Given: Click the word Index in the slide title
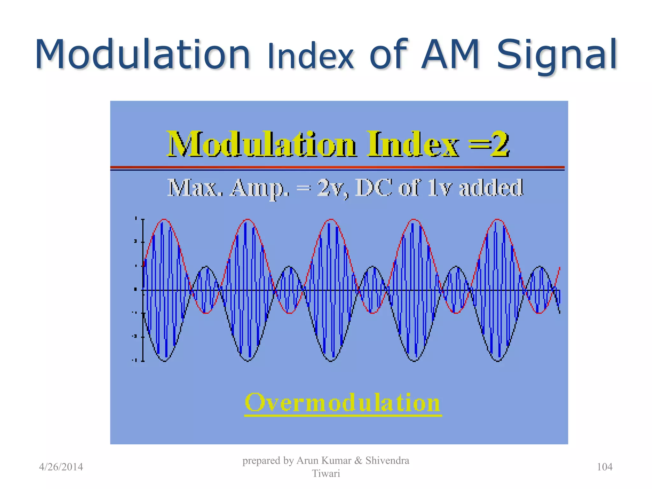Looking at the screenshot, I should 310,57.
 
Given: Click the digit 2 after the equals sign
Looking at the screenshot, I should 499,144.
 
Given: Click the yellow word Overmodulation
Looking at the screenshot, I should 343,403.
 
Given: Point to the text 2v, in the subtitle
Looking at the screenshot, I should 333,188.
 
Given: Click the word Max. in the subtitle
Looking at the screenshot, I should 195,188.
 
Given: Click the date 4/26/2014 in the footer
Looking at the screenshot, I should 61,467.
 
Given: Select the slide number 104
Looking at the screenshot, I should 604,467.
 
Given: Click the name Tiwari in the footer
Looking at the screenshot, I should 326,473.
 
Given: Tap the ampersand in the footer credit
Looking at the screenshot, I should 358,460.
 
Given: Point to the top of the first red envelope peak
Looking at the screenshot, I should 164,219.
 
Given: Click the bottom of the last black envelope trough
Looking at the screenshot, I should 498,361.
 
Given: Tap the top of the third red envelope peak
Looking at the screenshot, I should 331,219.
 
